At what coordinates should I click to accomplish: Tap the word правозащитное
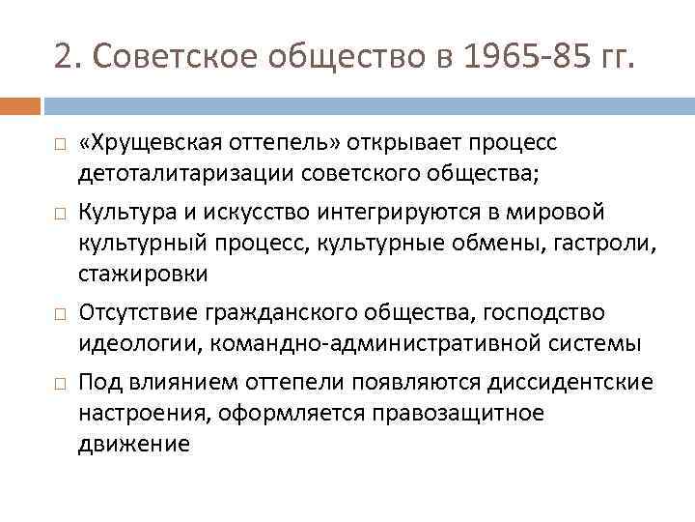tap(453, 414)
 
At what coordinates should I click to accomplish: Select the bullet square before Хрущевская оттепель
tap(59, 145)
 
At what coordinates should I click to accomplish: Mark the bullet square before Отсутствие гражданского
tap(59, 315)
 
